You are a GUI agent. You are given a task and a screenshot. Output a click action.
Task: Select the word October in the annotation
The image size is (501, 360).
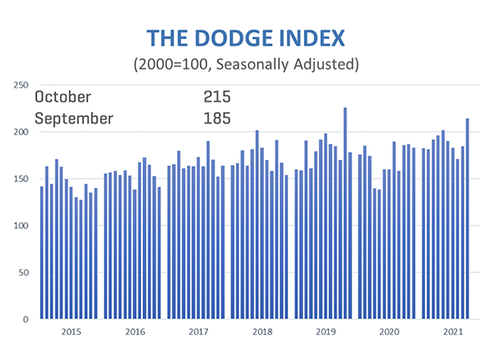pos(63,97)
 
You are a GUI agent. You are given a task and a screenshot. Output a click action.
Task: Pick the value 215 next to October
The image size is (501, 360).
pos(217,97)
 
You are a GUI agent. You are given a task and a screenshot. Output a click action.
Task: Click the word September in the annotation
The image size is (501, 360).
pos(73,119)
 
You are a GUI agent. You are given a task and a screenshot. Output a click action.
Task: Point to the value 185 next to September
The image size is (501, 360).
pos(217,119)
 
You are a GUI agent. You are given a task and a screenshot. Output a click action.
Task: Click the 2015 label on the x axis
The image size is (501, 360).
pos(70,332)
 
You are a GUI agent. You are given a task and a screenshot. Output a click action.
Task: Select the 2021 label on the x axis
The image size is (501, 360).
pos(451,332)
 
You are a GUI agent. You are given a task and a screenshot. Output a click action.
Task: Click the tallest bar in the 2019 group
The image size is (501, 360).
pos(345,213)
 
